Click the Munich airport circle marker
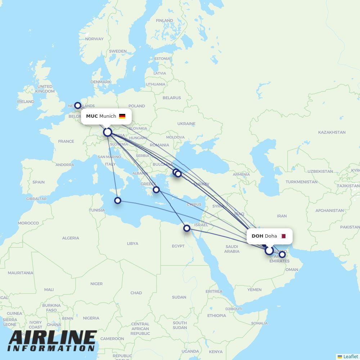point(107,132)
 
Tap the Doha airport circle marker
point(269,251)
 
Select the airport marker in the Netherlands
point(78,105)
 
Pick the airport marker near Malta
point(118,201)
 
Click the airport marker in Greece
point(156,190)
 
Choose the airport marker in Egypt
point(187,228)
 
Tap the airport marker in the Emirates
point(282,255)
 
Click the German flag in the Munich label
point(122,116)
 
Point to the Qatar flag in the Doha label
point(283,236)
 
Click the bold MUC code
point(92,116)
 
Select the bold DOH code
point(257,236)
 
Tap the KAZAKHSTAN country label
point(332,132)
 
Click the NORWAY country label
point(94,39)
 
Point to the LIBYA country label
point(132,244)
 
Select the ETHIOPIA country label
point(216,316)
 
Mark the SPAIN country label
point(39,182)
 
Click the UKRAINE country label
point(186,124)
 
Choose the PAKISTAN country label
point(350,227)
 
